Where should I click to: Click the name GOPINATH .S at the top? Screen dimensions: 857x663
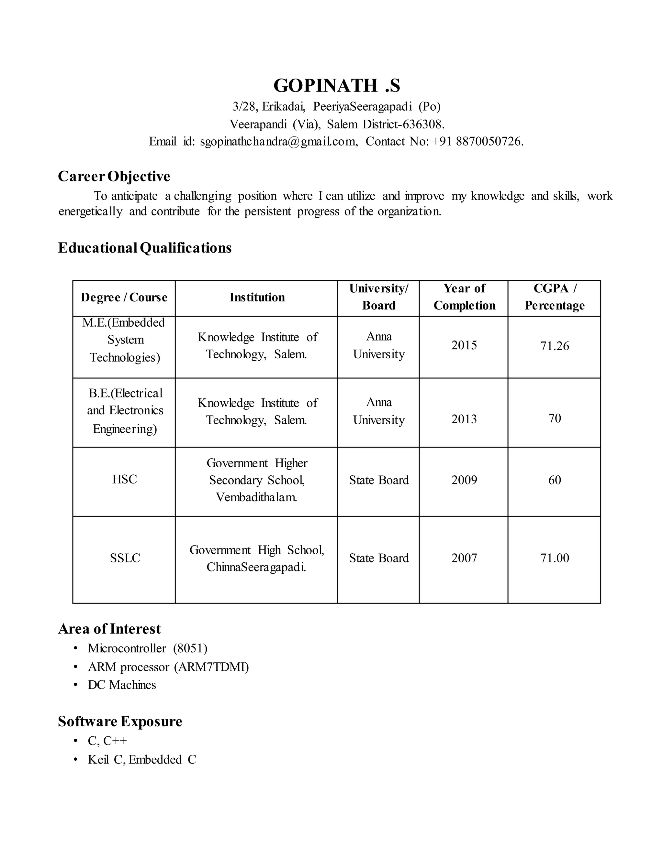coord(337,86)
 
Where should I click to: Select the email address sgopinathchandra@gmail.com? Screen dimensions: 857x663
coord(278,141)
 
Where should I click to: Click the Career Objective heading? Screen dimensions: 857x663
coord(114,176)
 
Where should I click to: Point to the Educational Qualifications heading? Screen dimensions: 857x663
coord(144,248)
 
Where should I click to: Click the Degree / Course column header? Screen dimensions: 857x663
coord(124,297)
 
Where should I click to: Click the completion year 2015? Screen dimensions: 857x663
coord(464,345)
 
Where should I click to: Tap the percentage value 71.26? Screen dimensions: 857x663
coord(554,346)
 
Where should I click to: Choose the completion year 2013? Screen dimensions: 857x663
coord(464,419)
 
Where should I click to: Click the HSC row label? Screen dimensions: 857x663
coord(125,479)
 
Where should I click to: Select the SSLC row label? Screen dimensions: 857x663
coord(125,558)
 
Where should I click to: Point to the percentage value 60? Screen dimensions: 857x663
coord(554,480)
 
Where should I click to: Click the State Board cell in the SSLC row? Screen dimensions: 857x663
coord(379,558)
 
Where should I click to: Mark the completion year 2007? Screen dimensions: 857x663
coord(464,558)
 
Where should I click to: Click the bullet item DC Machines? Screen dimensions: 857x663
coord(122,685)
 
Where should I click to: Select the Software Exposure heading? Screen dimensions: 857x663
coord(120,721)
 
